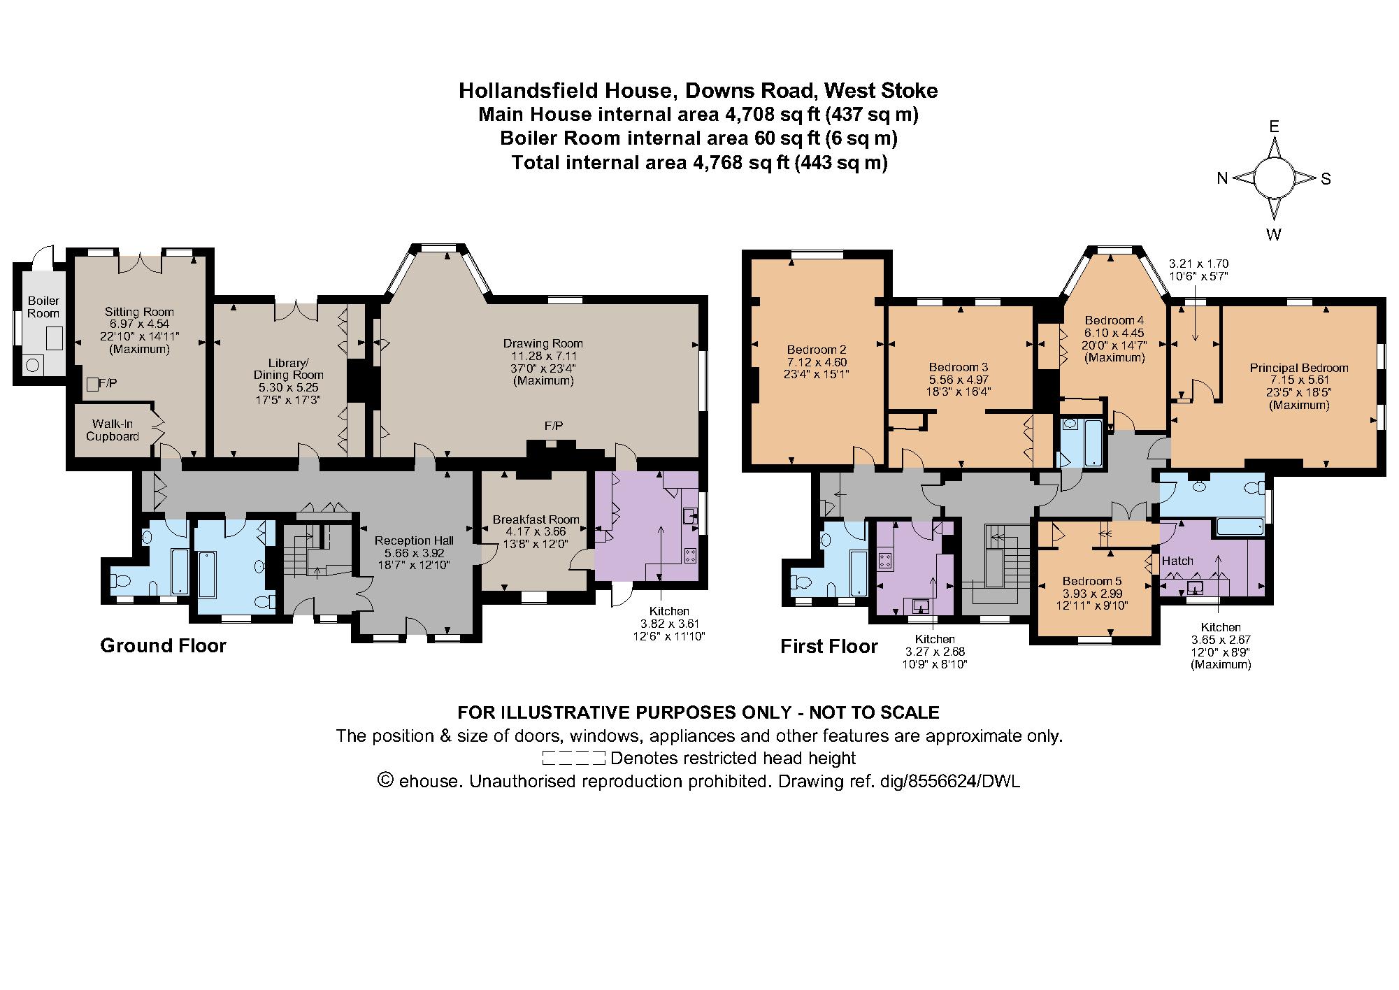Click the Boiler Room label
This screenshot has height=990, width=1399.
43,307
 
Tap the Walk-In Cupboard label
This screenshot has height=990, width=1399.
112,430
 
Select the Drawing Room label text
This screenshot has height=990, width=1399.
543,343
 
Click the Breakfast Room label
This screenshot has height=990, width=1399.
536,519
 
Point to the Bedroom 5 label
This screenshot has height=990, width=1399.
1091,581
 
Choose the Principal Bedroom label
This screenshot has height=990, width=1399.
1298,368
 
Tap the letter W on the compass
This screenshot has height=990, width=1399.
1274,235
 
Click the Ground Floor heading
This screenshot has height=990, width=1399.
163,645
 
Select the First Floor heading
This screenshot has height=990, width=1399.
828,647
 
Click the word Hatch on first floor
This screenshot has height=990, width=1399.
1177,561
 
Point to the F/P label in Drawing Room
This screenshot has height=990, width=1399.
554,426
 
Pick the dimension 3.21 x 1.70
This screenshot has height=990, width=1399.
1198,264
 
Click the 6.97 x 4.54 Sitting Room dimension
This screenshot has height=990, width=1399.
139,324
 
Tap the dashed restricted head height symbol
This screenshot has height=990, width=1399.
573,758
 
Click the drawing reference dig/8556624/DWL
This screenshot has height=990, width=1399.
963,782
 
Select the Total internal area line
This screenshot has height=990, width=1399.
699,163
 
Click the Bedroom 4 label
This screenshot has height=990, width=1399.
1114,321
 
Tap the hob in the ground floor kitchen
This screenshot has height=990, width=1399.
690,556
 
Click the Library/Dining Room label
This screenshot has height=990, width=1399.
289,369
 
